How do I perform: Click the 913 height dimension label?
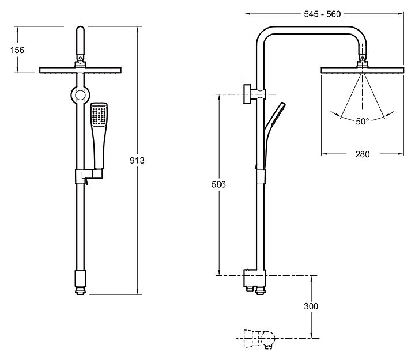(x=137, y=160)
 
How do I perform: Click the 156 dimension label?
(x=17, y=50)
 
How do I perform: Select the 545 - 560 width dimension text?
(x=322, y=14)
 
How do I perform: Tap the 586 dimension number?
(x=218, y=184)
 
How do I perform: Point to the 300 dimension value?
(x=311, y=306)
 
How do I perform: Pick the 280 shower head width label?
(x=363, y=154)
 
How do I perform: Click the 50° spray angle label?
(x=362, y=122)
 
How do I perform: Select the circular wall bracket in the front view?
(x=80, y=95)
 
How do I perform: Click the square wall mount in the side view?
(x=247, y=94)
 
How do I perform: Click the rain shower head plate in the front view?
(x=80, y=70)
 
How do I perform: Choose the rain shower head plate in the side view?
(x=363, y=70)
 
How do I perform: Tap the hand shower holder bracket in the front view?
(x=89, y=176)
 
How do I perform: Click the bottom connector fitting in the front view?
(x=80, y=282)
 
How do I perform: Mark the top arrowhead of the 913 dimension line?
(x=138, y=29)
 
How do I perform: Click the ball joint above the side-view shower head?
(x=363, y=57)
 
